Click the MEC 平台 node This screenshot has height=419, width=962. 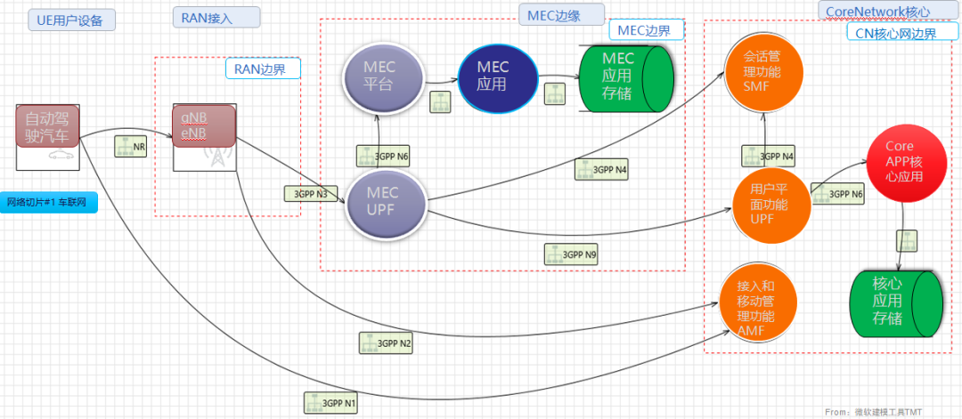tap(379, 77)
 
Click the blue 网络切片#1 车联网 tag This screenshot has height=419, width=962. tap(49, 202)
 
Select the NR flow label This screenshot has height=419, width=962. tap(132, 146)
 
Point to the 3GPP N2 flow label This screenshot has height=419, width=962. tap(387, 342)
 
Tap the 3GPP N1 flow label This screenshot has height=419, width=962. tap(331, 403)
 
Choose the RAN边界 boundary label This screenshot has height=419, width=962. tap(262, 68)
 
